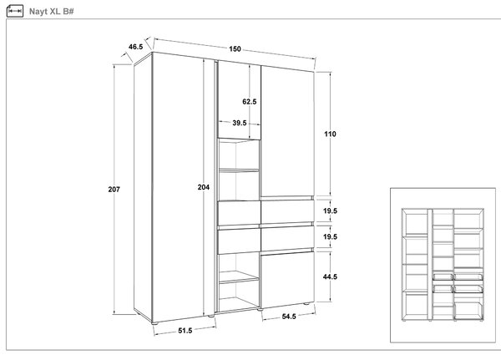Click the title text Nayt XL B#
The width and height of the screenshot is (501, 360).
pos(52,12)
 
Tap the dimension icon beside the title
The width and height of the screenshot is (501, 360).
pos(15,11)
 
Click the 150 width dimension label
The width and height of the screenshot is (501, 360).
pos(235,49)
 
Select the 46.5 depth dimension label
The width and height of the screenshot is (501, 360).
pos(136,47)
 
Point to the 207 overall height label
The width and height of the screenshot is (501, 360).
pos(114,190)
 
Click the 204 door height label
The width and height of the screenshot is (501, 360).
pos(204,187)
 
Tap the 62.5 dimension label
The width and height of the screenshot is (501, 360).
pos(249,102)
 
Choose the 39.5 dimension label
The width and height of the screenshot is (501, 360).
pos(240,123)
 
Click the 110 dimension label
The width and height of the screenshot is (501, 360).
pos(330,134)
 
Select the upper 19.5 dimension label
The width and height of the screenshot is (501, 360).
pos(330,210)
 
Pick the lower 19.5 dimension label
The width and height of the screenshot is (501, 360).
pos(330,236)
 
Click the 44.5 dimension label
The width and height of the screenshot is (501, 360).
pos(330,276)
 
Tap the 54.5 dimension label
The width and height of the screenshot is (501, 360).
pos(289,317)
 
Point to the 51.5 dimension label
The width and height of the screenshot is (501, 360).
pos(185,331)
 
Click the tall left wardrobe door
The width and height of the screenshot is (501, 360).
pos(178,187)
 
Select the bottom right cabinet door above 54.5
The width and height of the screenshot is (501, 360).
pos(287,280)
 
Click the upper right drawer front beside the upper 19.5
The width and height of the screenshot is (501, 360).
pos(287,211)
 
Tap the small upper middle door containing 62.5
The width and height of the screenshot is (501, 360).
pos(240,100)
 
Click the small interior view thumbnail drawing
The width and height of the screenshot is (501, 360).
pos(443,265)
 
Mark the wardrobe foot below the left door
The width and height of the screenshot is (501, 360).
pos(155,323)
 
